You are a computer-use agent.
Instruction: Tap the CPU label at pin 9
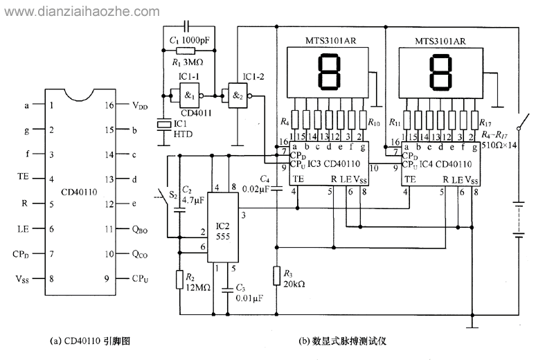(140, 279)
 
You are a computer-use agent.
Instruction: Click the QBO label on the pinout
(140, 229)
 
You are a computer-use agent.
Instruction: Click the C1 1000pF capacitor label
(191, 39)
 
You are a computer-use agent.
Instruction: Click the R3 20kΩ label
(294, 279)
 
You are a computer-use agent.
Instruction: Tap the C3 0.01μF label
(247, 293)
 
